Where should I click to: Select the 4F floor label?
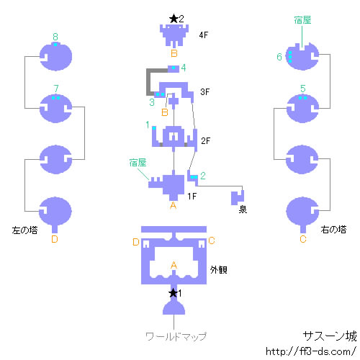(x=204, y=35)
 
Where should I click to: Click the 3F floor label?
(x=205, y=91)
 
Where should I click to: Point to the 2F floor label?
(x=205, y=140)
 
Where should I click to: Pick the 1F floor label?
(x=192, y=197)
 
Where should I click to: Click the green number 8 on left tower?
(x=55, y=37)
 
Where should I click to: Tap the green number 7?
(x=56, y=89)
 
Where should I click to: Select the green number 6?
(x=279, y=57)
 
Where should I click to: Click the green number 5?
(x=303, y=89)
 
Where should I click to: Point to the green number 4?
(x=184, y=68)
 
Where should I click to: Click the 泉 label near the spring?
(x=243, y=210)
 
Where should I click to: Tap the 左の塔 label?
(x=24, y=230)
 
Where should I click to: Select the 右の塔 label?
(x=333, y=230)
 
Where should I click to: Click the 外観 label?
(x=219, y=270)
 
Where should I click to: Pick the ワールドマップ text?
(x=176, y=337)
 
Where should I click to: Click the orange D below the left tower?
(x=55, y=239)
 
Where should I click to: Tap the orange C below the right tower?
(x=303, y=239)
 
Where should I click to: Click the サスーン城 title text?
(x=330, y=336)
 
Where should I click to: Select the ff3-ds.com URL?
(x=311, y=351)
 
